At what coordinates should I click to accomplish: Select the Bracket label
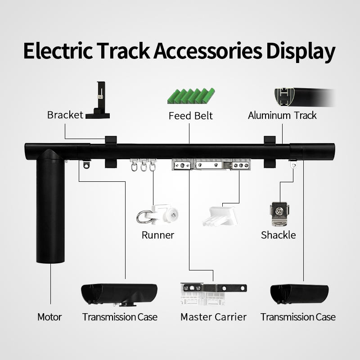pyautogui.click(x=65, y=115)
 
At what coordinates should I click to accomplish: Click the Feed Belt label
pyautogui.click(x=191, y=116)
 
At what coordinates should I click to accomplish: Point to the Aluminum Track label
pyautogui.click(x=282, y=115)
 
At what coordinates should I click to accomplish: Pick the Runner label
pyautogui.click(x=157, y=235)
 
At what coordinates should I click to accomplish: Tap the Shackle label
pyautogui.click(x=279, y=235)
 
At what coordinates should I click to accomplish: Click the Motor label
pyautogui.click(x=49, y=317)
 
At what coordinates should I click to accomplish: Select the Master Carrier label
pyautogui.click(x=213, y=317)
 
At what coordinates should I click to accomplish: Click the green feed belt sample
pyautogui.click(x=191, y=96)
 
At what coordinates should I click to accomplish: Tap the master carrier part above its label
pyautogui.click(x=213, y=292)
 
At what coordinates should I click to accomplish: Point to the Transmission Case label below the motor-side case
pyautogui.click(x=120, y=317)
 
